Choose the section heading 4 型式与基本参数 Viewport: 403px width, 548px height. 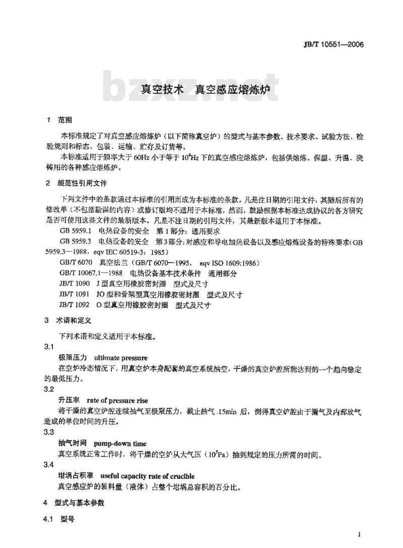tap(74, 503)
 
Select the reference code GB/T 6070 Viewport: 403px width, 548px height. tap(76, 262)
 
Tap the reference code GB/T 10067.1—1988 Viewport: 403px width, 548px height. tap(92, 273)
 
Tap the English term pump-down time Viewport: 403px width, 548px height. tap(120, 444)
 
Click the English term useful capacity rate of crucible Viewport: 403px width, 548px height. tap(147, 476)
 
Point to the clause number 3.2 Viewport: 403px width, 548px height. tap(48, 389)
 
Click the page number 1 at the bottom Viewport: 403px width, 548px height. tap(359, 534)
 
